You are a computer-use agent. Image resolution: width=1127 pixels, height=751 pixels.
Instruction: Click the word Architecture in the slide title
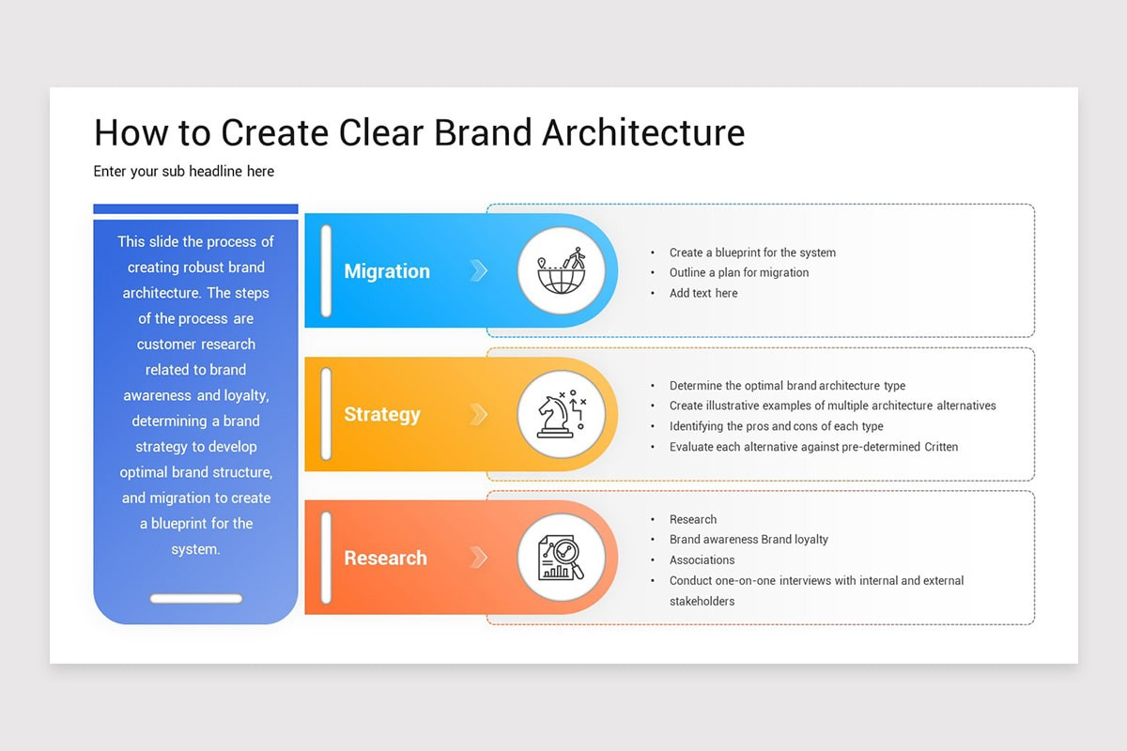[643, 132]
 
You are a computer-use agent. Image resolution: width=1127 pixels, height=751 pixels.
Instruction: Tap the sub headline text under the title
[184, 172]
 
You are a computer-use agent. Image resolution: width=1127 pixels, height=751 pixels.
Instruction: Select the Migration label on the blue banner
[387, 271]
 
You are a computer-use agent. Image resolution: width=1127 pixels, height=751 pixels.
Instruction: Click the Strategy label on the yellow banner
[382, 415]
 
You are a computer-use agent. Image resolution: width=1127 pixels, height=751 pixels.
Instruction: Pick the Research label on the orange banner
[385, 558]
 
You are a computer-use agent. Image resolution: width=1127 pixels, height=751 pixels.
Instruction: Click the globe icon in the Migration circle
[562, 270]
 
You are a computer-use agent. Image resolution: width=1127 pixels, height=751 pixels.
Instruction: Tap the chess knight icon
[562, 414]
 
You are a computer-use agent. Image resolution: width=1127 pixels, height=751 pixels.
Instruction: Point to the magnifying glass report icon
[562, 558]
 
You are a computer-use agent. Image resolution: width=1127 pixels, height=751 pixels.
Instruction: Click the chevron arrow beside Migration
[478, 270]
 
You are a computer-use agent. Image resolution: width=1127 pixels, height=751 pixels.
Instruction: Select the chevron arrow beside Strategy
[478, 415]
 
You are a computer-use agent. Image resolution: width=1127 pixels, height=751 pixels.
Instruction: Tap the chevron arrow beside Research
[478, 558]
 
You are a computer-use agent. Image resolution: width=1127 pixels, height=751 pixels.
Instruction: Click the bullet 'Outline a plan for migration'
[738, 272]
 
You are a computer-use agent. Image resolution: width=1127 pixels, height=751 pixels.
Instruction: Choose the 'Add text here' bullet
[703, 293]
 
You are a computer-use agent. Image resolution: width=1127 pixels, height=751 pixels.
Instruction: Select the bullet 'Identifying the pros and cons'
[776, 426]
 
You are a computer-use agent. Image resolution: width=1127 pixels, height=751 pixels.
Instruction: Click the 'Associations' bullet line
[702, 559]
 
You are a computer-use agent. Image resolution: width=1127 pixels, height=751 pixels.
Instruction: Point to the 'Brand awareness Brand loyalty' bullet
[749, 539]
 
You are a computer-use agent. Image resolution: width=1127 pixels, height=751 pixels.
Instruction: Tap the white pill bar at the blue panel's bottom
[196, 599]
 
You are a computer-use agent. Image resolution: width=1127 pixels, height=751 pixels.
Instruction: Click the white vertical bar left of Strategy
[326, 414]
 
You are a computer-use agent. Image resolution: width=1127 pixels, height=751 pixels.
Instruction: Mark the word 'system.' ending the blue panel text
[195, 549]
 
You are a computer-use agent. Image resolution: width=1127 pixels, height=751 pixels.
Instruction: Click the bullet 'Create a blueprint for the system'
[752, 253]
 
